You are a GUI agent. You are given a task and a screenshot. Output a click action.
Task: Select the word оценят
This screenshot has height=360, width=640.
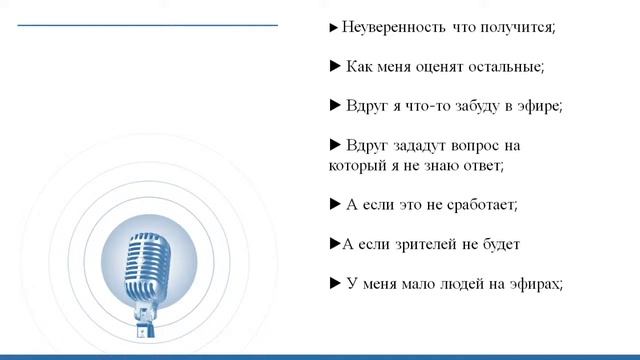coord(434,67)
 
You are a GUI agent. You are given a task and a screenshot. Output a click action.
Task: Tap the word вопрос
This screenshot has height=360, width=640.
coord(485,145)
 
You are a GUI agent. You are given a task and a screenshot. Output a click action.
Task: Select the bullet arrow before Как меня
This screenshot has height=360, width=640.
coord(335,67)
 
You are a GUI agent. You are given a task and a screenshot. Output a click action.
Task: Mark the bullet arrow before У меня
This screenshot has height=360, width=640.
coord(335,283)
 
